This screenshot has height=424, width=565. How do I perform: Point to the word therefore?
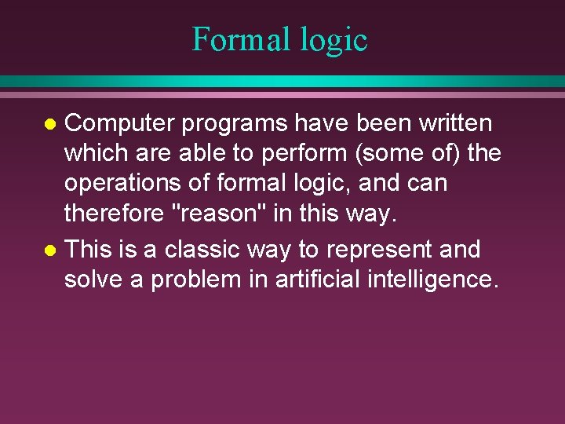(x=112, y=214)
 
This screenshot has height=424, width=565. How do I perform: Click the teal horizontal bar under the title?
(x=282, y=82)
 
